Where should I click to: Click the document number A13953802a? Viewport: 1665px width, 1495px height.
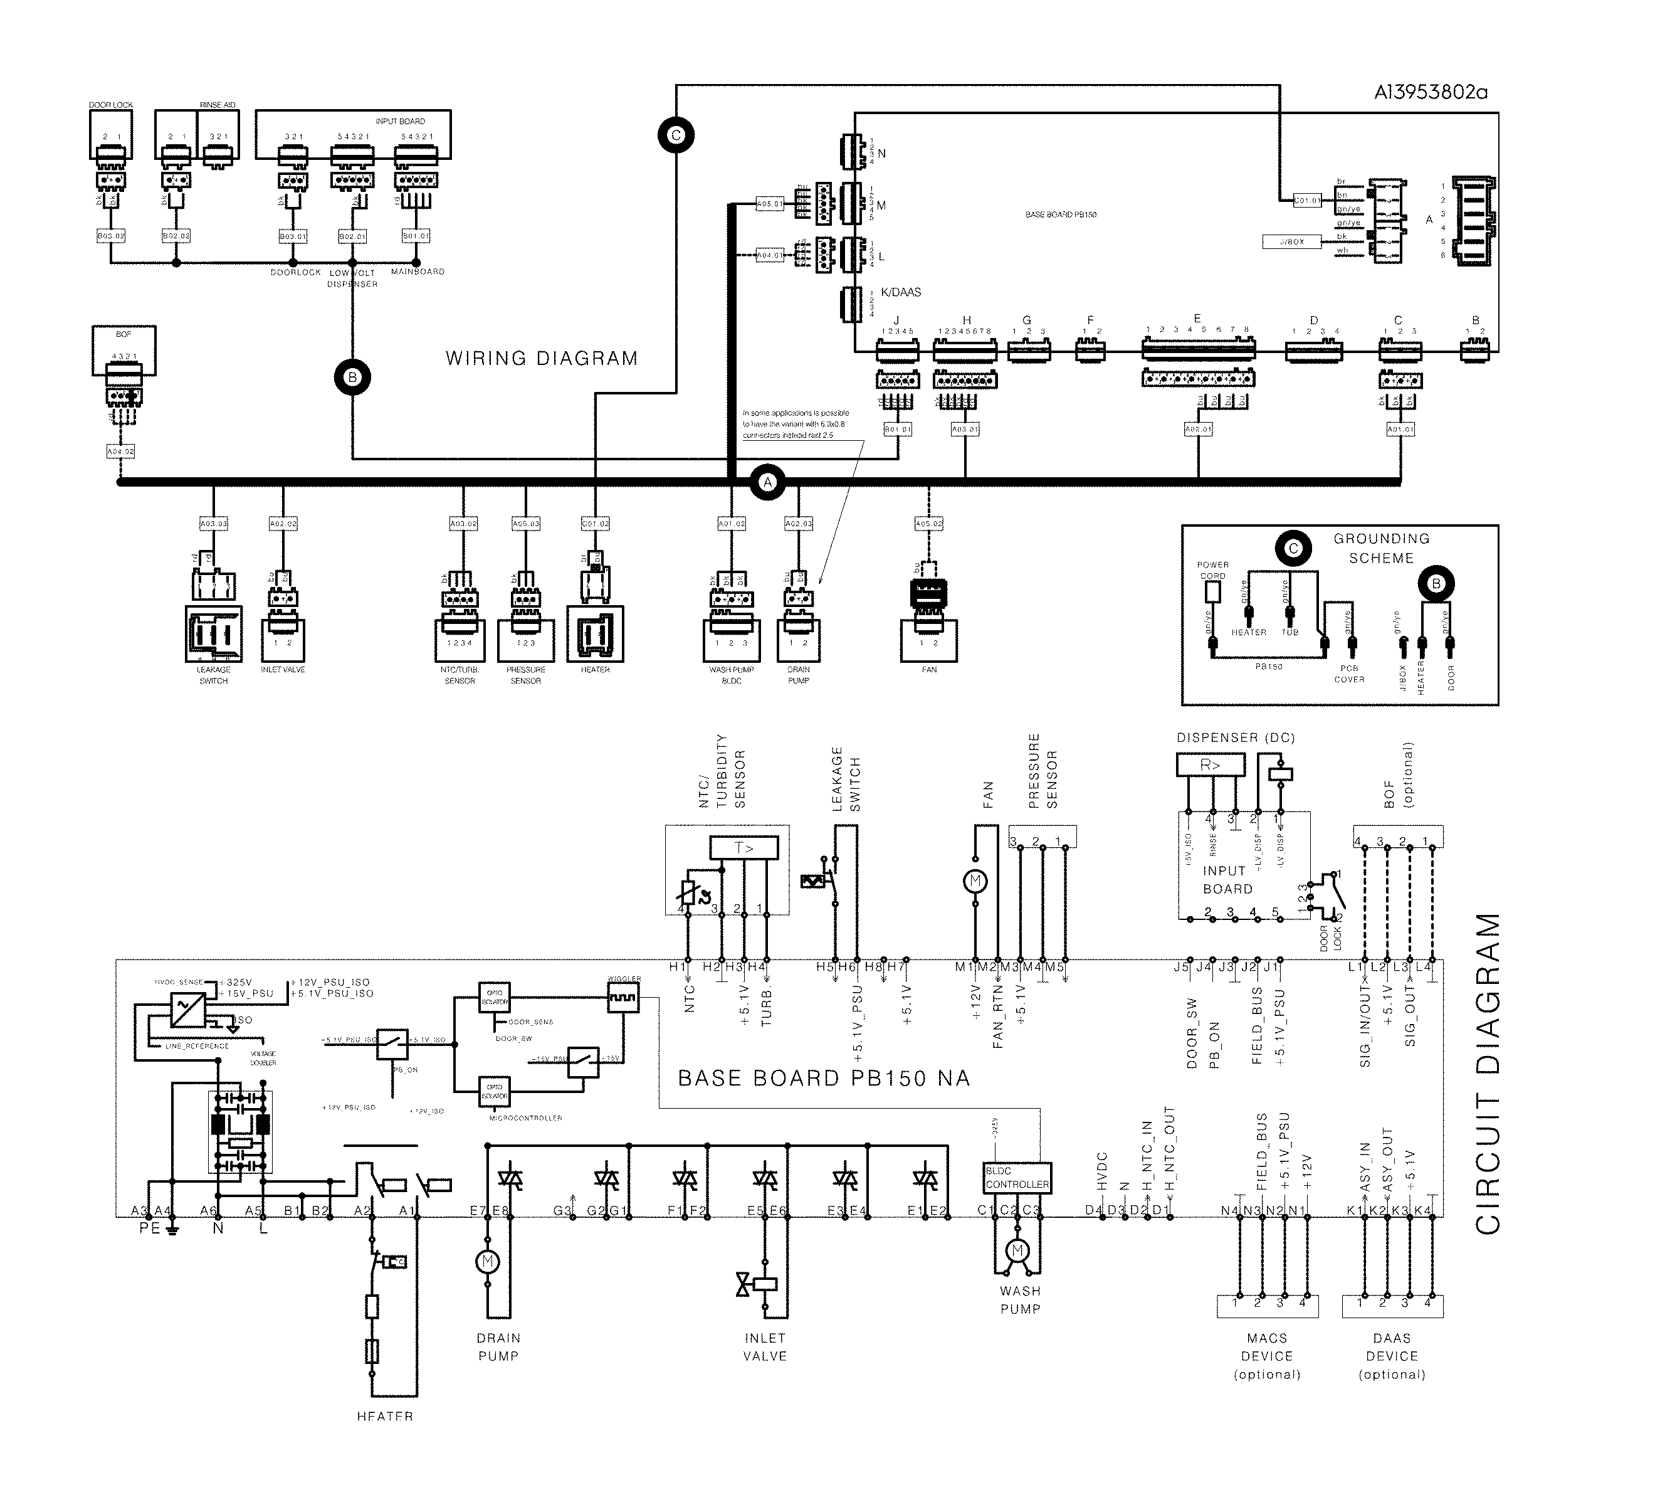tap(1430, 92)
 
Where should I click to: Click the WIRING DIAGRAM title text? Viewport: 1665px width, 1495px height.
tap(541, 358)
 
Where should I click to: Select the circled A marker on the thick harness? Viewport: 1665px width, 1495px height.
tap(768, 482)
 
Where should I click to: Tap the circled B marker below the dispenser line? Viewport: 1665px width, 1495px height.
tap(352, 377)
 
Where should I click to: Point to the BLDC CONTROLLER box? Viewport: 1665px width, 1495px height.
tap(1017, 1177)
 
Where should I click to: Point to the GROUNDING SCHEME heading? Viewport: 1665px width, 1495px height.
tap(1381, 548)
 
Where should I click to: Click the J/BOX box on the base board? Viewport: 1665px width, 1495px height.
tap(1291, 241)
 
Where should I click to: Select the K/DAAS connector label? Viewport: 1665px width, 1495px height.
tap(901, 292)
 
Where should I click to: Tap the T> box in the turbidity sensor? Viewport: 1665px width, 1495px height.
tap(743, 848)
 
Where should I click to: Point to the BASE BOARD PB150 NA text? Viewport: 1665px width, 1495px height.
tap(824, 1078)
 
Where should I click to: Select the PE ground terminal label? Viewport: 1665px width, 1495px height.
tap(149, 1228)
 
